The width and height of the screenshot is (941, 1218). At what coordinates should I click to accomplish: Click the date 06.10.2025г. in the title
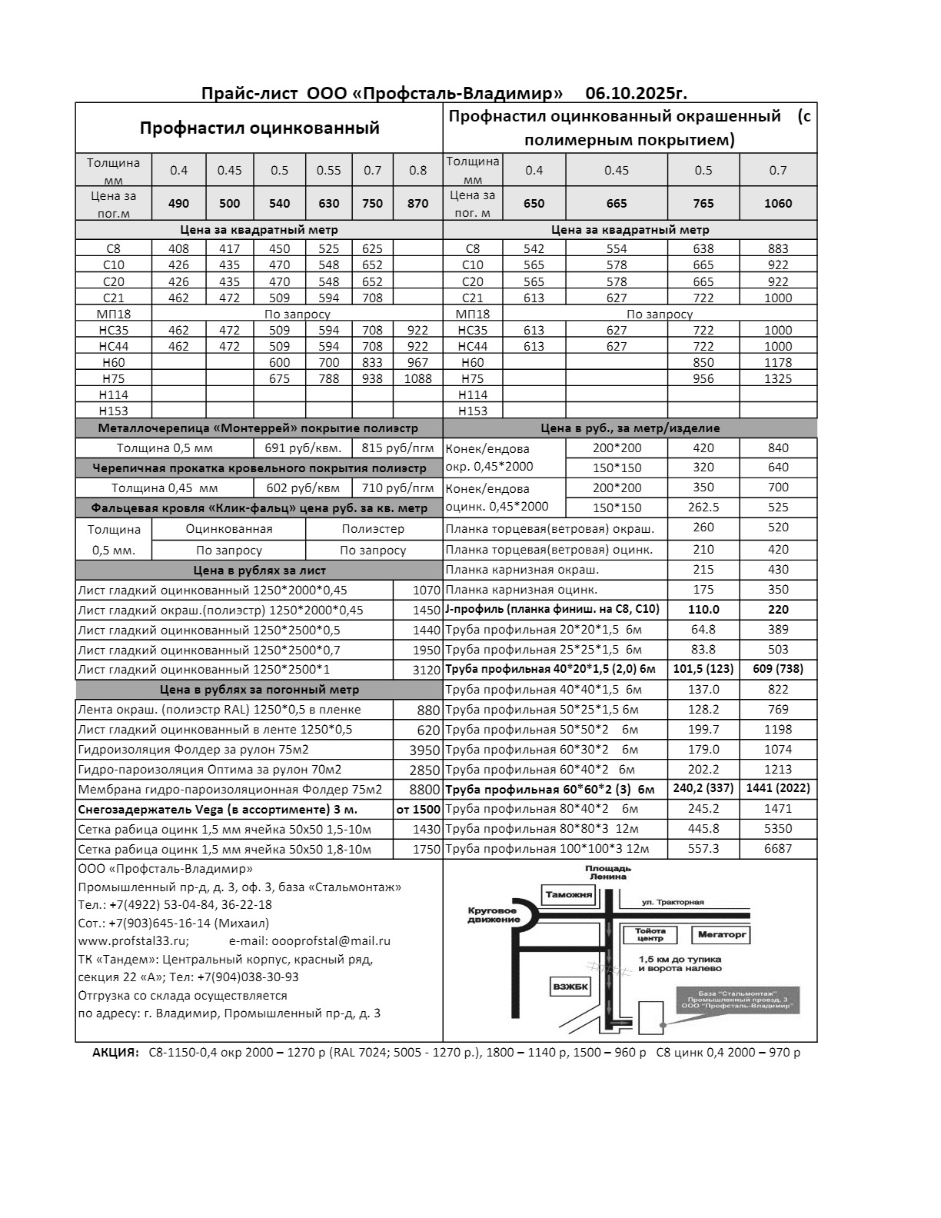pyautogui.click(x=636, y=94)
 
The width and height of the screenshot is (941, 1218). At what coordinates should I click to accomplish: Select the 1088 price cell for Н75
pyautogui.click(x=417, y=378)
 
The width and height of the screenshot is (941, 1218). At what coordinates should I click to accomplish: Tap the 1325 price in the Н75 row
pyautogui.click(x=778, y=378)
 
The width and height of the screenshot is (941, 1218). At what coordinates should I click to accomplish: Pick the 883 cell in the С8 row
pyautogui.click(x=778, y=248)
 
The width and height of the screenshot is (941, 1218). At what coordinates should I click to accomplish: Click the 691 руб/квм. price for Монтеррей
pyautogui.click(x=302, y=448)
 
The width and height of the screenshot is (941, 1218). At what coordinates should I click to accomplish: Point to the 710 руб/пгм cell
pyautogui.click(x=397, y=488)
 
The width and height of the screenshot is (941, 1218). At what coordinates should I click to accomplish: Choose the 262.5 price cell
pyautogui.click(x=703, y=507)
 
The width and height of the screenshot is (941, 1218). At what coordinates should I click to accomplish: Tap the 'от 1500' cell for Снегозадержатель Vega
pyautogui.click(x=418, y=810)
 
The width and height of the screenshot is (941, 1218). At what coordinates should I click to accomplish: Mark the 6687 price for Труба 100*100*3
pyautogui.click(x=778, y=849)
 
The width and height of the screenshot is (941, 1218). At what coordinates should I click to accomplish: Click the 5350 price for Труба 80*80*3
pyautogui.click(x=778, y=829)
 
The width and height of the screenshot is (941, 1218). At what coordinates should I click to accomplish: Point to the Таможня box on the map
pyautogui.click(x=569, y=895)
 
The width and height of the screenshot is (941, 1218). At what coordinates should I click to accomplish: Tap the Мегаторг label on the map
pyautogui.click(x=721, y=935)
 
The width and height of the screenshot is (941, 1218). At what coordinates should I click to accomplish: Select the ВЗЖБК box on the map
pyautogui.click(x=572, y=987)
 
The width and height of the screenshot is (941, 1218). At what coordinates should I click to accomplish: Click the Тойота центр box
pyautogui.click(x=650, y=935)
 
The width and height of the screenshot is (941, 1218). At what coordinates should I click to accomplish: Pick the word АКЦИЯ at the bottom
pyautogui.click(x=115, y=1053)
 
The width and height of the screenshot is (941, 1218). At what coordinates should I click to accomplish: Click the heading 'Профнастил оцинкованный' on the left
pyautogui.click(x=259, y=128)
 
